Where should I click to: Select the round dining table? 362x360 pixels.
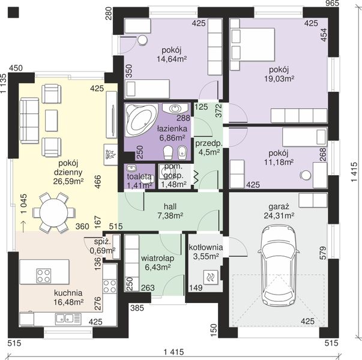point(54,213)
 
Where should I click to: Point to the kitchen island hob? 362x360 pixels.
point(44,275)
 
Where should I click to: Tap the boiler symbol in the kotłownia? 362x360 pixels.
point(210,277)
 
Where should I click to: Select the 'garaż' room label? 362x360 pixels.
point(279,206)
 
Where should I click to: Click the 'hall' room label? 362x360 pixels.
point(170,206)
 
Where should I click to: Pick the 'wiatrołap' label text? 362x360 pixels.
point(158,258)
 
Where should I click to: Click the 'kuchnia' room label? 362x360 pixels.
point(68,293)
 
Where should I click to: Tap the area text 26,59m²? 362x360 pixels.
point(68,181)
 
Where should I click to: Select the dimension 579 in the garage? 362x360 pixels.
point(323,253)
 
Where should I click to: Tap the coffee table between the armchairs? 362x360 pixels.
point(51,120)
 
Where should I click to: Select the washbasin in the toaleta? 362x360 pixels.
point(131,168)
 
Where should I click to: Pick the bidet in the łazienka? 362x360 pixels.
point(182,152)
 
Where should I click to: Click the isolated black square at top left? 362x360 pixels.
point(13,12)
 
